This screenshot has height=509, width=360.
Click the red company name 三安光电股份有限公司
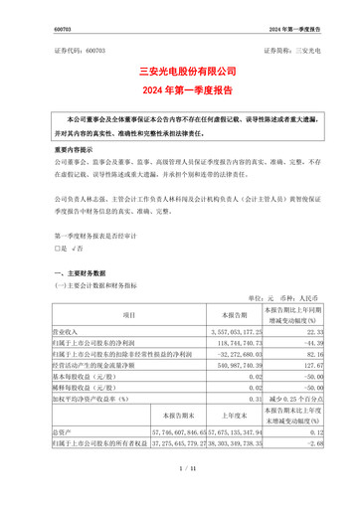click(x=180, y=73)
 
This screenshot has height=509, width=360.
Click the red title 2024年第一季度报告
click(x=180, y=90)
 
